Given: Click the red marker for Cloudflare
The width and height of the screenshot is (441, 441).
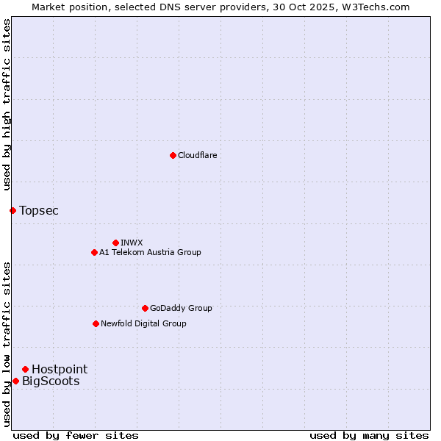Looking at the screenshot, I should coord(173,155).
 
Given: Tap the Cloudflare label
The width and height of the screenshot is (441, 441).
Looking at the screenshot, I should coord(197,155).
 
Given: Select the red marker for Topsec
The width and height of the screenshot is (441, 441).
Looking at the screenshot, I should coord(12,211).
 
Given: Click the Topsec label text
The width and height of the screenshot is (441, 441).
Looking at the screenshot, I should coord(39,211).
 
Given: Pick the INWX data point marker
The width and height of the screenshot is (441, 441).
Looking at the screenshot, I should coord(115,243).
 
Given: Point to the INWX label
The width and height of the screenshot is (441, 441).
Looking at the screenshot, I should coord(132,243).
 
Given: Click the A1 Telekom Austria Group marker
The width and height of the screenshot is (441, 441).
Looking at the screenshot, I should coord(94,252).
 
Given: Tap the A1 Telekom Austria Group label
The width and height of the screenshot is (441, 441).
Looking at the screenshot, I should coord(150,252).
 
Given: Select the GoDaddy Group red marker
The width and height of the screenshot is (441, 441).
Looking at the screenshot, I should coord(145,308).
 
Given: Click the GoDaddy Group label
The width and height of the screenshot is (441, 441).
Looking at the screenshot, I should coord(181,308).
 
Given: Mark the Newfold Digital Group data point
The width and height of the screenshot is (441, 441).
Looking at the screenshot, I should coord(96,323).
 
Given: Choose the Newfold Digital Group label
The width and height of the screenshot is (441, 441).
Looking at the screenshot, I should coord(143,323).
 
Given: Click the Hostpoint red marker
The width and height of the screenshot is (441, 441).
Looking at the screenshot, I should coord(25,369).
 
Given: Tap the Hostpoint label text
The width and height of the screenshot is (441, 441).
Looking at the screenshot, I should coord(60,370).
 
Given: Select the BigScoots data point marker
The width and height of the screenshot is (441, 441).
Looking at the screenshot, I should coord(15,381).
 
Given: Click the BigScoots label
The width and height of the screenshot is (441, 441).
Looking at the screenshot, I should coord(51,381).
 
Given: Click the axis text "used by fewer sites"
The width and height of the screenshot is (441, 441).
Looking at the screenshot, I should coord(76,435).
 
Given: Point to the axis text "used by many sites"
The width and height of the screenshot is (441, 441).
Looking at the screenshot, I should coord(369,435).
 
